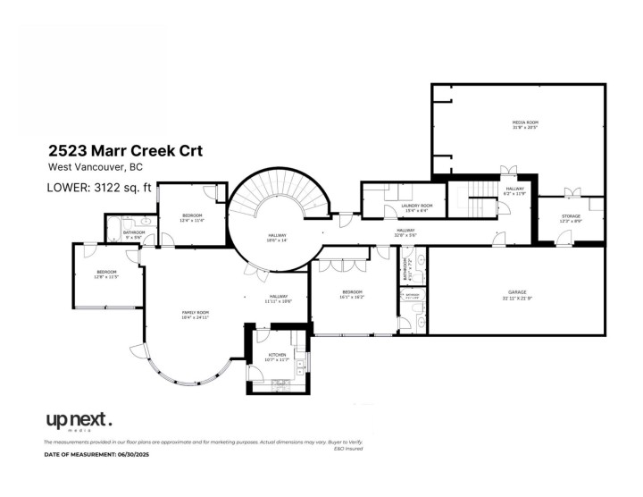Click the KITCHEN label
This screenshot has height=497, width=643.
pos(278,357)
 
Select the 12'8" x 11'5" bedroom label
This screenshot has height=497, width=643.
pos(106,274)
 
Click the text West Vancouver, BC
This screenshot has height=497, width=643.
pos(95,168)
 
